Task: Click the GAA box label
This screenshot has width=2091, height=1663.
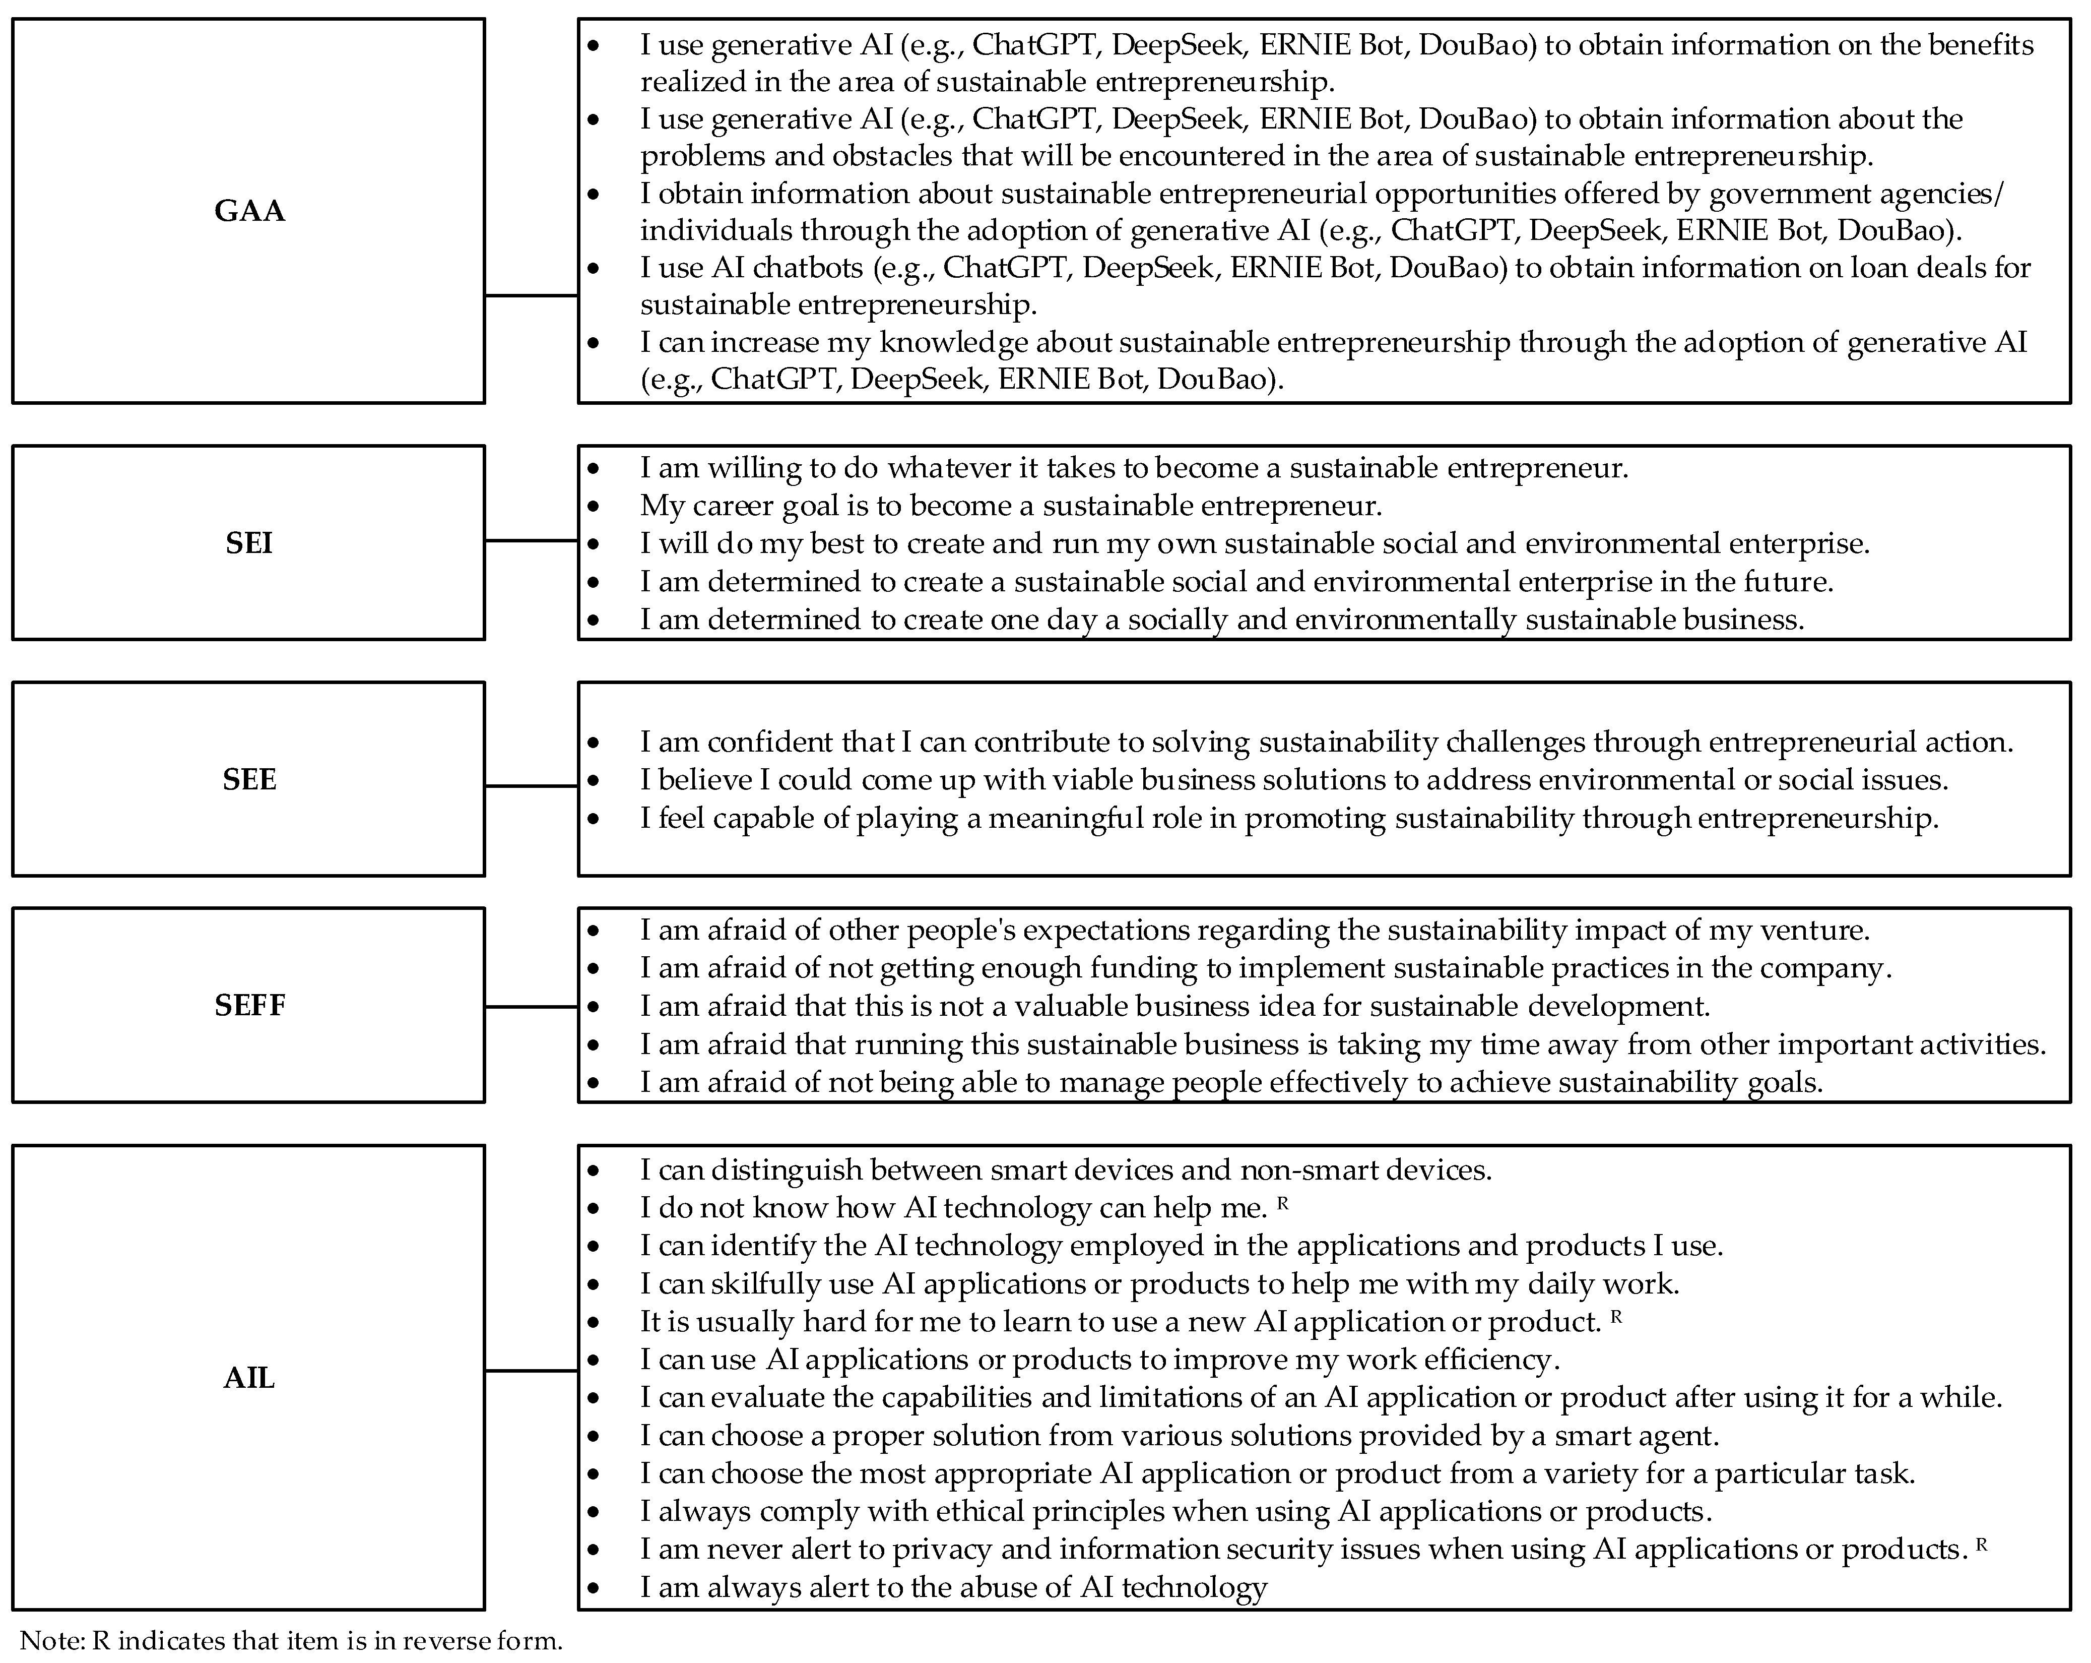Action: click(249, 211)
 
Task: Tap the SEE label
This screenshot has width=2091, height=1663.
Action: click(249, 779)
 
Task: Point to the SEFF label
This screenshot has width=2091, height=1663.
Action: click(249, 1005)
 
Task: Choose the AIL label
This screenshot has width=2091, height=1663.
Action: click(249, 1378)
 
